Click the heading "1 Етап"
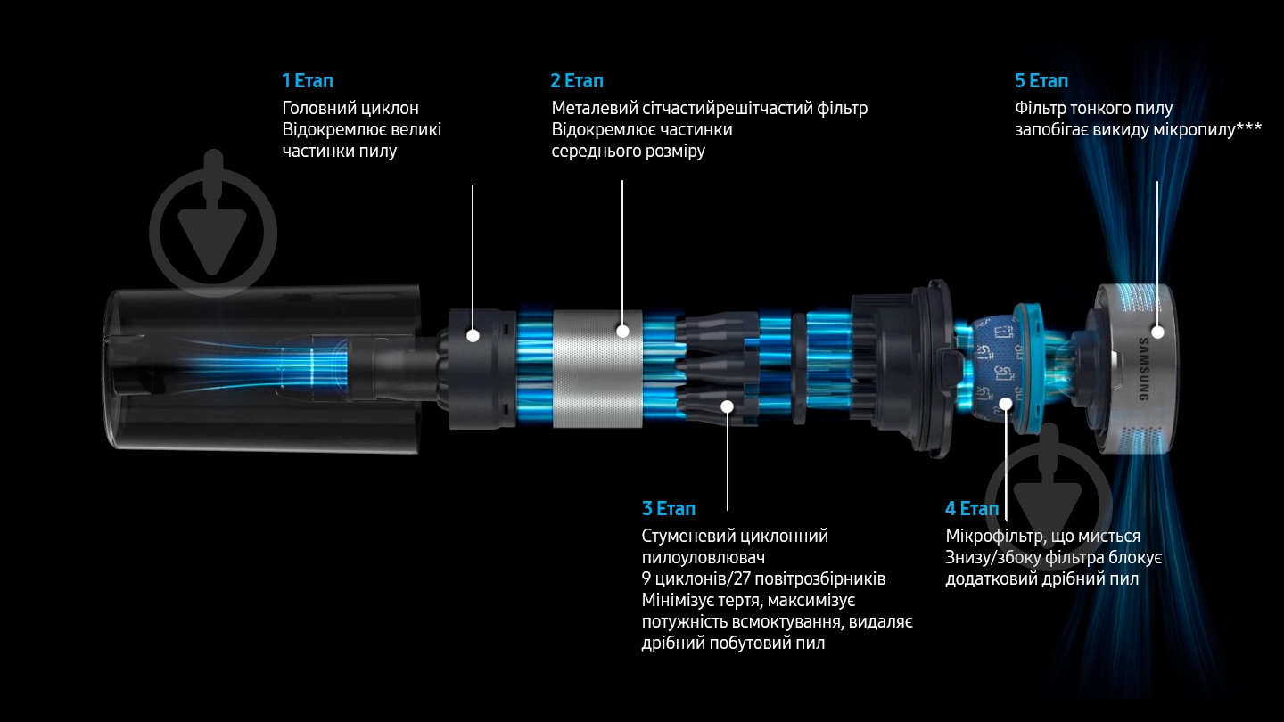308,81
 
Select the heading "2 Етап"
577,81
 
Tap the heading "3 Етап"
669,508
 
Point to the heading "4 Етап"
972,508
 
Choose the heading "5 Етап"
1041,81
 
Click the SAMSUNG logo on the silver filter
1143,369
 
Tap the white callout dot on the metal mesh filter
622,331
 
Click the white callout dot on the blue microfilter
1006,404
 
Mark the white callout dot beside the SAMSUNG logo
1158,332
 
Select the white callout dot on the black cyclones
728,406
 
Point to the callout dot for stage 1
473,335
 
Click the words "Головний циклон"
350,108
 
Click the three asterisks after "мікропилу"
1249,127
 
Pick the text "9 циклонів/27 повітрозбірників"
763,578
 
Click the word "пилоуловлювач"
704,558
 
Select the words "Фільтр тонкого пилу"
1094,109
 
